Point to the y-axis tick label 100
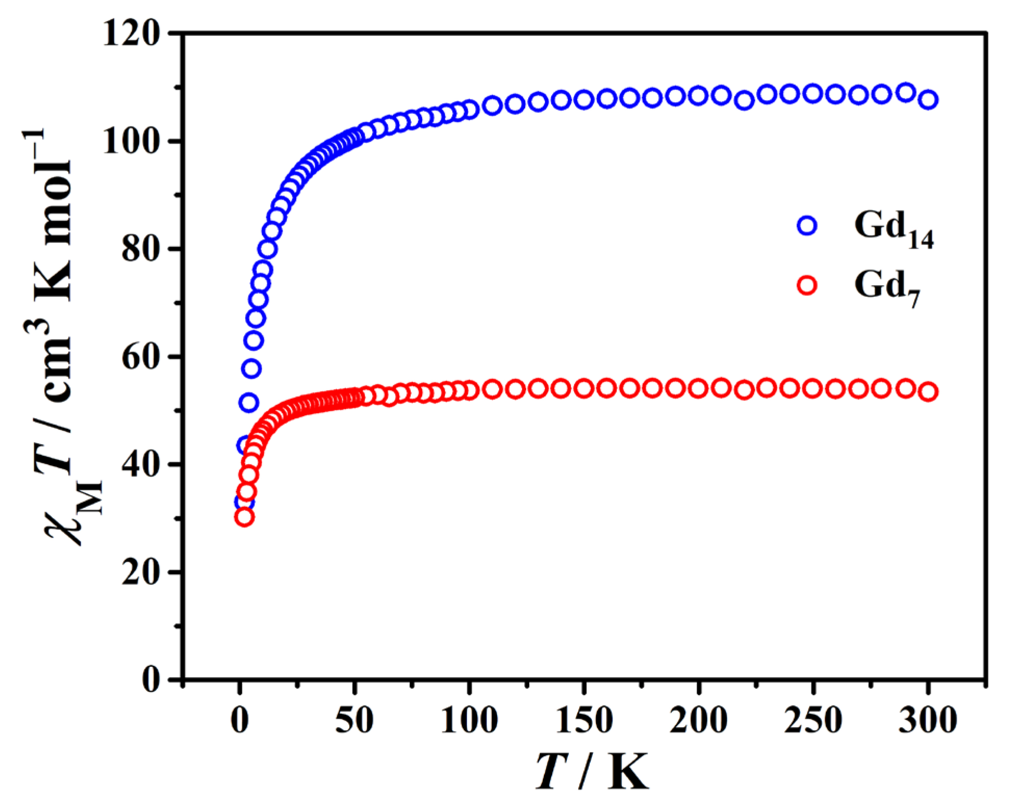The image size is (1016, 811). coord(130,141)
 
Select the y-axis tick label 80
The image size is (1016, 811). coord(139,249)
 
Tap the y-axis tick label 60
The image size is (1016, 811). coord(139,357)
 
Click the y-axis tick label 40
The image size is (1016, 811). coord(139,464)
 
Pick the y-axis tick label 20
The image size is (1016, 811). coord(139,572)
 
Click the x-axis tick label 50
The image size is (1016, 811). coord(354,720)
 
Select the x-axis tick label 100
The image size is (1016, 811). coord(469,720)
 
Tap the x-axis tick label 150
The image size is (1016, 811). coord(584,720)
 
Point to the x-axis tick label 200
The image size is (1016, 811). coord(698,720)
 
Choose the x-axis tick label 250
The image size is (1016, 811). coord(813,720)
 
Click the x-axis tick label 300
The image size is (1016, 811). coord(928,720)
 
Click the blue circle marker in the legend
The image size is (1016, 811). coord(807,225)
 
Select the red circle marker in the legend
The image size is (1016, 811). coord(807,286)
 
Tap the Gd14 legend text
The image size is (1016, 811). coord(893,229)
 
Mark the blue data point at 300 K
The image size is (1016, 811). coord(928,100)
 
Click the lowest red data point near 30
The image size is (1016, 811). coord(244,517)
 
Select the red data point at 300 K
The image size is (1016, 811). coord(928,392)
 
